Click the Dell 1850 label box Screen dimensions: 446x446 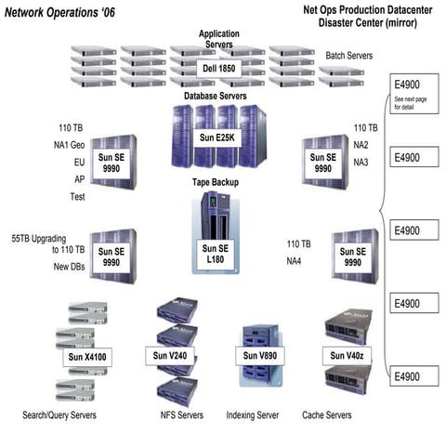(x=219, y=69)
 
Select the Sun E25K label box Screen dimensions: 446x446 (x=218, y=138)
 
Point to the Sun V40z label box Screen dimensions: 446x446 (x=348, y=355)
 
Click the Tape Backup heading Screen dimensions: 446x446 (x=216, y=182)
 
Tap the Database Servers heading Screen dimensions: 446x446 (x=216, y=95)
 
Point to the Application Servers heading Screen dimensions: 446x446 (x=219, y=38)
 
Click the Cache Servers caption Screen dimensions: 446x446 (x=327, y=414)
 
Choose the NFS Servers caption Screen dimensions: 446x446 (x=178, y=414)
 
